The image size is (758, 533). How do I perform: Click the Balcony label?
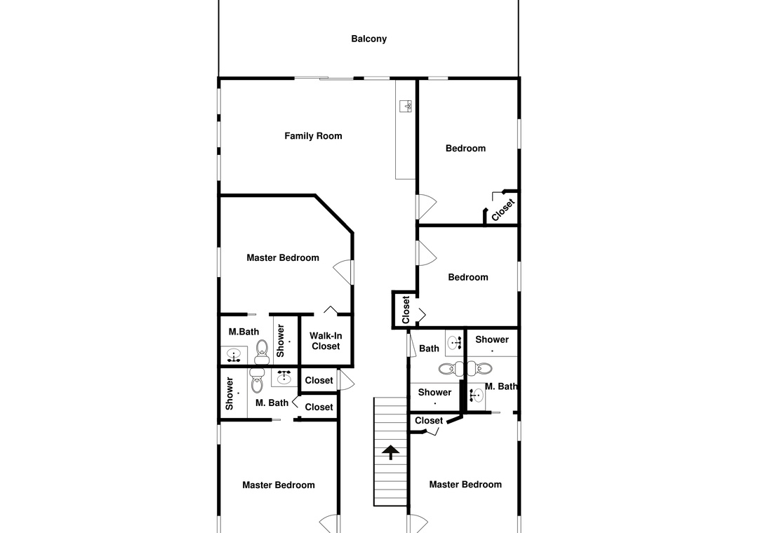(x=369, y=39)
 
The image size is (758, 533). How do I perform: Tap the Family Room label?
(x=313, y=136)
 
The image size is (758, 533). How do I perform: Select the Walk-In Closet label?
(x=326, y=341)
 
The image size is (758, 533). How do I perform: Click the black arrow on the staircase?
(x=391, y=452)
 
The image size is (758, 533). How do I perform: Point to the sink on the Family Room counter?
(x=406, y=106)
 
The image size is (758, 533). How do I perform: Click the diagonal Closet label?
(x=503, y=210)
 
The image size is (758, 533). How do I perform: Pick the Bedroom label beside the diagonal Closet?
(x=465, y=149)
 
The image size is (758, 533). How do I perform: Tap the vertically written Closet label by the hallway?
(x=406, y=310)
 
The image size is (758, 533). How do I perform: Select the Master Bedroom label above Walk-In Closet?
(x=283, y=257)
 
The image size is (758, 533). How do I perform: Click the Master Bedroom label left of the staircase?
(x=279, y=485)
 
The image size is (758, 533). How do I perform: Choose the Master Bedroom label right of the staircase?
(x=465, y=484)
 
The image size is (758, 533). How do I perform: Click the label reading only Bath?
(x=429, y=349)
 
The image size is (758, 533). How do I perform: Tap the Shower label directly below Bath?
(x=434, y=392)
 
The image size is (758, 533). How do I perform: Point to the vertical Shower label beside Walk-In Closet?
(x=280, y=341)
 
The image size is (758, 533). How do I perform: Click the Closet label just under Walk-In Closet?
(x=319, y=380)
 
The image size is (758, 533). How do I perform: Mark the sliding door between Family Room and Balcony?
(x=324, y=78)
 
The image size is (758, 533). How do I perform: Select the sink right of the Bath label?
(x=454, y=343)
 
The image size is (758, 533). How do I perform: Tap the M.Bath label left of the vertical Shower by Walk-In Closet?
(x=244, y=332)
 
